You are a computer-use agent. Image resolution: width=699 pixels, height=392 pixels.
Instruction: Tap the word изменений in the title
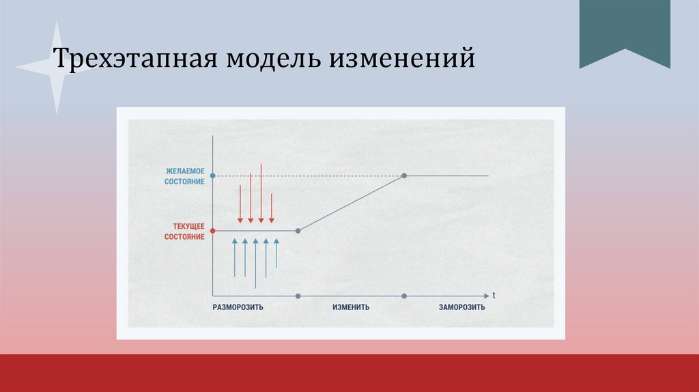point(403,59)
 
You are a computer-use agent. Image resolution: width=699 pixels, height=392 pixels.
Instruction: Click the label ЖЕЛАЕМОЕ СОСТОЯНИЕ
point(185,176)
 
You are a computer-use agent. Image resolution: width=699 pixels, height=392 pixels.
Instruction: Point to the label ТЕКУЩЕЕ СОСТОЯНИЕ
point(185,231)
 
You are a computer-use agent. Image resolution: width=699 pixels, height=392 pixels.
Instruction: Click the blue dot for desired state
point(213,176)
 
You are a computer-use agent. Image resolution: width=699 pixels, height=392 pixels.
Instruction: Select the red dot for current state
point(213,231)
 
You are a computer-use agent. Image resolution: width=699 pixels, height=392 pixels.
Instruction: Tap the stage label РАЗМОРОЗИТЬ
point(238,307)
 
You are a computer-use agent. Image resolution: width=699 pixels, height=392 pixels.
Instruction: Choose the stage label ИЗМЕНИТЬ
point(351,307)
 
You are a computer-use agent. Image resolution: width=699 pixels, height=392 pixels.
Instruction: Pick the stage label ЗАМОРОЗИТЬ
point(462,307)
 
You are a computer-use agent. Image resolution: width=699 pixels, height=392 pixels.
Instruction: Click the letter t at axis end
point(494,295)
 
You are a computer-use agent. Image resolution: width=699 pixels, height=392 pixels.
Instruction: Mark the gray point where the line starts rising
point(298,231)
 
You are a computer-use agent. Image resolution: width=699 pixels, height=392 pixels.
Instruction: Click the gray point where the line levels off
point(404,176)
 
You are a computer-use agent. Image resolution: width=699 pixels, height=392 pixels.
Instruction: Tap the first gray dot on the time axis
point(298,296)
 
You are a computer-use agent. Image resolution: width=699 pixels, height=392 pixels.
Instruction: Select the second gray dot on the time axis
point(404,296)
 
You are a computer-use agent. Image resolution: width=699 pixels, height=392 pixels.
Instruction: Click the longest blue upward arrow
point(255,263)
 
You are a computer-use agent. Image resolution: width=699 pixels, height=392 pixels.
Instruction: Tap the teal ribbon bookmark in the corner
point(625,31)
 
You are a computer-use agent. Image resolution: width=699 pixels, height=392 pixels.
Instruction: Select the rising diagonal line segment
point(352,204)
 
